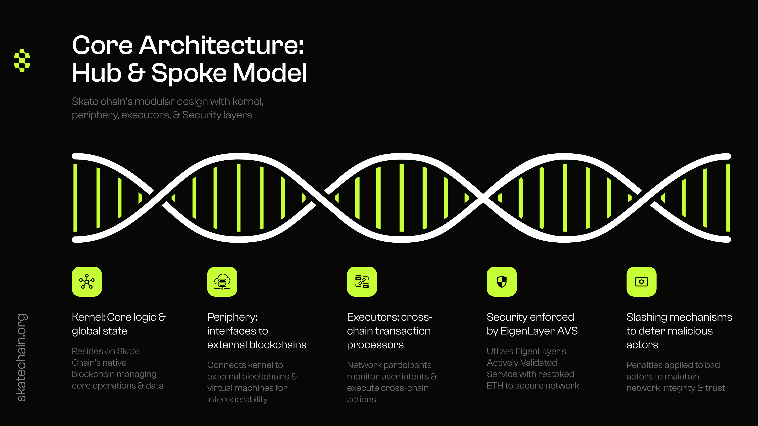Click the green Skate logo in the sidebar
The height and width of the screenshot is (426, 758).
tap(22, 60)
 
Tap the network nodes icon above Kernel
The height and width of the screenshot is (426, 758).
tap(87, 281)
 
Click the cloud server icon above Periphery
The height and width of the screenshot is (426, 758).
tap(222, 281)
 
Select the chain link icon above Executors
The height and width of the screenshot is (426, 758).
tap(362, 281)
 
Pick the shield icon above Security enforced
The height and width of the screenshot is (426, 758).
tap(502, 281)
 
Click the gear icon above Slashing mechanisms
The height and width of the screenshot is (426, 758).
tap(642, 281)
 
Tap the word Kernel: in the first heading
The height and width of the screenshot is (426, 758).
tap(88, 317)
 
